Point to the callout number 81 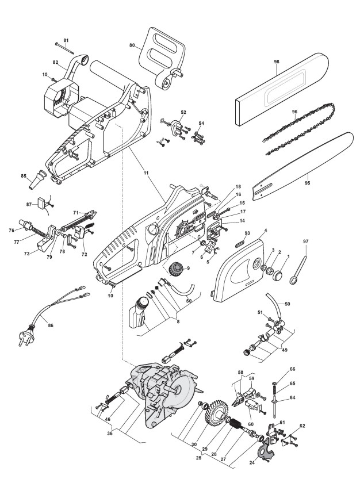(66, 40)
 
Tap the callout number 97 (305, 250)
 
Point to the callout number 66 (293, 369)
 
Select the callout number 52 (183, 112)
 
